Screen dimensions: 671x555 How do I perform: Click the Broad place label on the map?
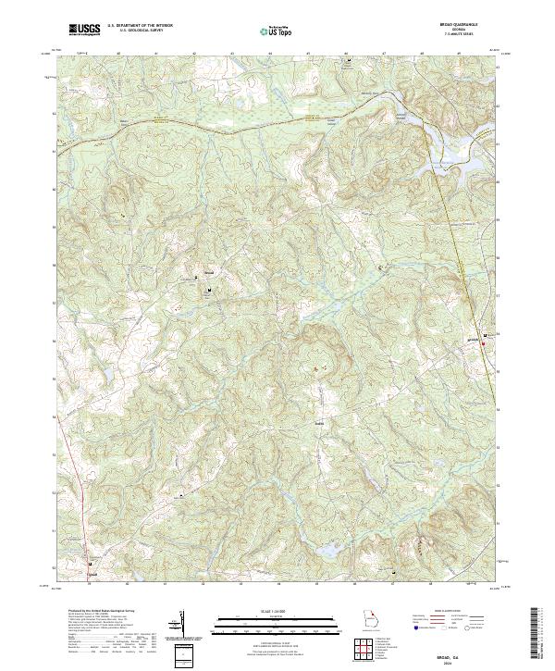208,273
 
